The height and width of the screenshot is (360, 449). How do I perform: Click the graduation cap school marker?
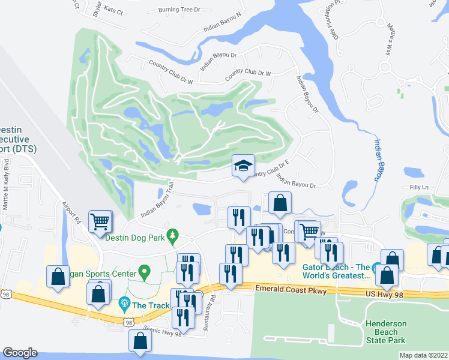(x=243, y=166)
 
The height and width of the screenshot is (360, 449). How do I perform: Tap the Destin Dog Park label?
(x=134, y=237)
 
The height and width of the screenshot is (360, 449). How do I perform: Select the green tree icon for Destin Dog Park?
(x=173, y=234)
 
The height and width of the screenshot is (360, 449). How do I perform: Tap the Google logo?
(x=20, y=352)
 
